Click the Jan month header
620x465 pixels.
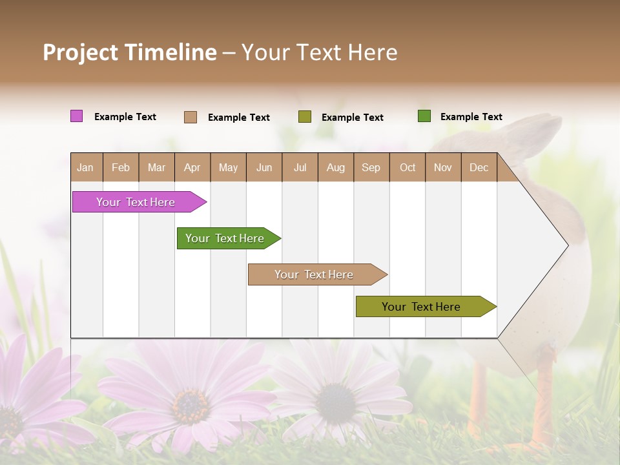[86, 167]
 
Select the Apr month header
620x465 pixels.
[192, 167]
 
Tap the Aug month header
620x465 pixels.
[336, 167]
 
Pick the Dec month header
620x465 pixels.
[479, 167]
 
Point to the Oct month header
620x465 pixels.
[408, 167]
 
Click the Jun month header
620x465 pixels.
[264, 167]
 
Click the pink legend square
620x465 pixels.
[77, 116]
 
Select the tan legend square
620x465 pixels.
[191, 117]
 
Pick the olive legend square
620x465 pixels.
[305, 117]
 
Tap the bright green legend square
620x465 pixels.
[424, 116]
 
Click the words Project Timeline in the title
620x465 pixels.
[130, 52]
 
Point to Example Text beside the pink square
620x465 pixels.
[125, 117]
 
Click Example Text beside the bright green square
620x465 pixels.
[471, 117]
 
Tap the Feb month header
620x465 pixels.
[121, 167]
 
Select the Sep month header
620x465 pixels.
[371, 167]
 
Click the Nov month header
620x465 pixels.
[443, 167]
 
